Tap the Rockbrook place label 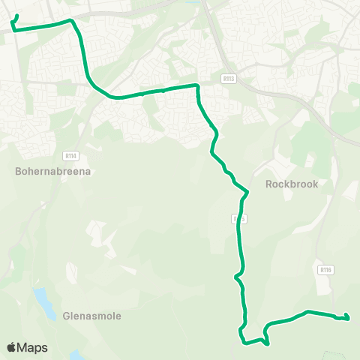(292, 184)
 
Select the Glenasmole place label (92, 316)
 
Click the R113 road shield (229, 77)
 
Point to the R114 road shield (71, 155)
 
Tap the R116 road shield (325, 270)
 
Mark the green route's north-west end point (16, 16)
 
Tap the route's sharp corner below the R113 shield (197, 86)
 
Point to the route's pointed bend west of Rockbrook (247, 192)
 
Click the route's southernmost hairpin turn (267, 343)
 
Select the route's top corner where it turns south (71, 21)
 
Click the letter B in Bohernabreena (18, 170)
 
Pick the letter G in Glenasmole (67, 316)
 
